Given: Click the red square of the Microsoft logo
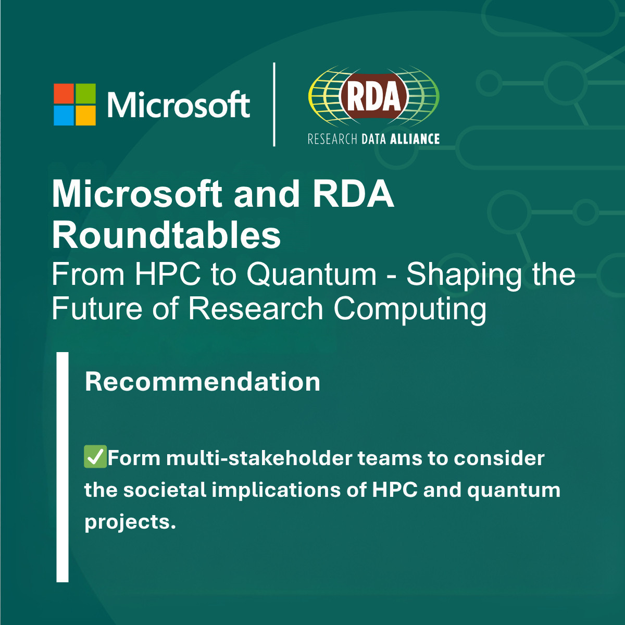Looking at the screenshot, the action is tap(64, 93).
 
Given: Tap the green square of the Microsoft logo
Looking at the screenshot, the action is tap(85, 93).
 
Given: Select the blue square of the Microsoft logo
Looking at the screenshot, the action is tap(64, 115).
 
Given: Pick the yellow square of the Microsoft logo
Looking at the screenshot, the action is tap(85, 115).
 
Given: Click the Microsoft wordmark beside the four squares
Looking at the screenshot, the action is tap(179, 104).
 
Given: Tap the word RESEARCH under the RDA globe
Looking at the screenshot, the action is tap(332, 139).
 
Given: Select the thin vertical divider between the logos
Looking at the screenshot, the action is tap(274, 105).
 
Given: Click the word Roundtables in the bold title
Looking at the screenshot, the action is tap(166, 233).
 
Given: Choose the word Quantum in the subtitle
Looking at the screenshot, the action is tap(311, 274).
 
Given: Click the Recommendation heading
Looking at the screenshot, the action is tap(203, 382).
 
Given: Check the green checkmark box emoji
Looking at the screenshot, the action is tap(95, 456).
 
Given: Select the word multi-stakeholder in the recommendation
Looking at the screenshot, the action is tap(259, 458).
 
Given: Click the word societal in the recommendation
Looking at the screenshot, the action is tap(165, 490).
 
